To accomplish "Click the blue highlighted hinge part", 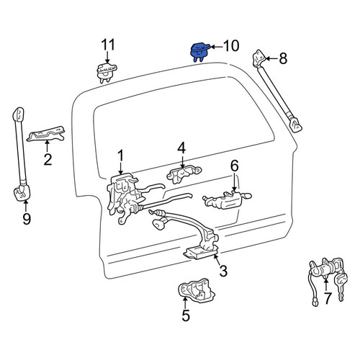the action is (199, 52).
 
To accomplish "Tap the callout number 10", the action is (231, 46).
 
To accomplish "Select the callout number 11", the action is (108, 45).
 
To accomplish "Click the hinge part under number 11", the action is (107, 73).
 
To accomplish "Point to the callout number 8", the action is (283, 58).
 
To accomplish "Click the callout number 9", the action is (27, 219).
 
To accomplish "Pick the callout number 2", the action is (48, 159).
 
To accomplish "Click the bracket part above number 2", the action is (46, 134).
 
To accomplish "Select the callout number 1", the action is (120, 156).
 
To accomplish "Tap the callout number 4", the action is (181, 149).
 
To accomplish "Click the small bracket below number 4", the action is (184, 174).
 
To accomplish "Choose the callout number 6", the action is (235, 166).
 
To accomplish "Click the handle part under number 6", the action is (227, 199).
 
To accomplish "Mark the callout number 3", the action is (223, 271).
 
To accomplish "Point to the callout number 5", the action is (186, 315).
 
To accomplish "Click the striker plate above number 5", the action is (196, 289).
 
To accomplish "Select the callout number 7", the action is (328, 298).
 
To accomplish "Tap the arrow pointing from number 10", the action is (216, 47).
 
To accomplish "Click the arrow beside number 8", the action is (271, 58).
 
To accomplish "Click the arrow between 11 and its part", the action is (107, 58).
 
